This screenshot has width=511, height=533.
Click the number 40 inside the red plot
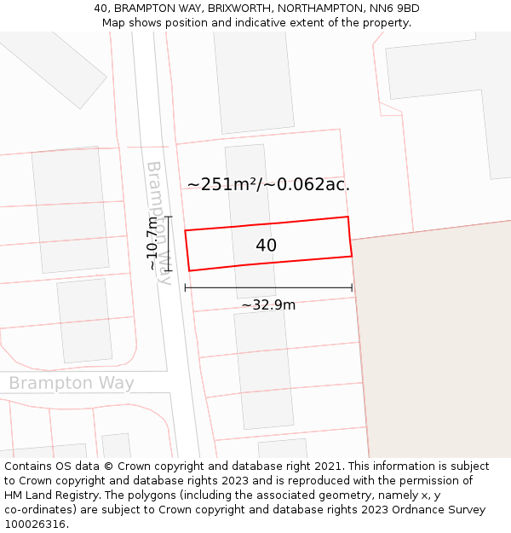[x=266, y=246]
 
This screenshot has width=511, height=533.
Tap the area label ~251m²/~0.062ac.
[x=268, y=184]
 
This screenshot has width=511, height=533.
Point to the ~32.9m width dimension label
[x=268, y=305]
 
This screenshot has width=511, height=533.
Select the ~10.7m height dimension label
[x=152, y=243]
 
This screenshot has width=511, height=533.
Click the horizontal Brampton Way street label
[x=72, y=384]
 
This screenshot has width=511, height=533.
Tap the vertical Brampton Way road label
[x=159, y=222]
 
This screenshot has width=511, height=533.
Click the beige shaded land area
[x=434, y=341]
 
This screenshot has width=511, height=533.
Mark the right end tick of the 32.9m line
[x=352, y=287]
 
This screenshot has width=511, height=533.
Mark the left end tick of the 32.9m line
[x=186, y=287]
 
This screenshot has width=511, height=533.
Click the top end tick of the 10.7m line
[x=168, y=217]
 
